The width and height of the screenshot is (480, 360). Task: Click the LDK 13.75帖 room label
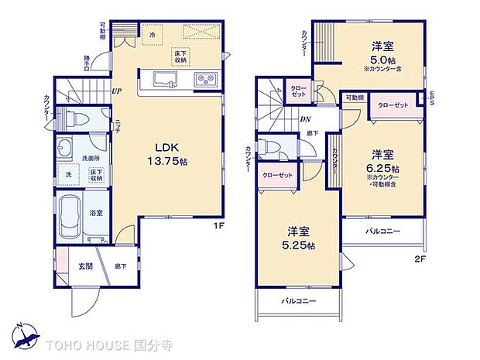coord(169,153)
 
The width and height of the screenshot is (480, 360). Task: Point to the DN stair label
coord(306,119)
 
